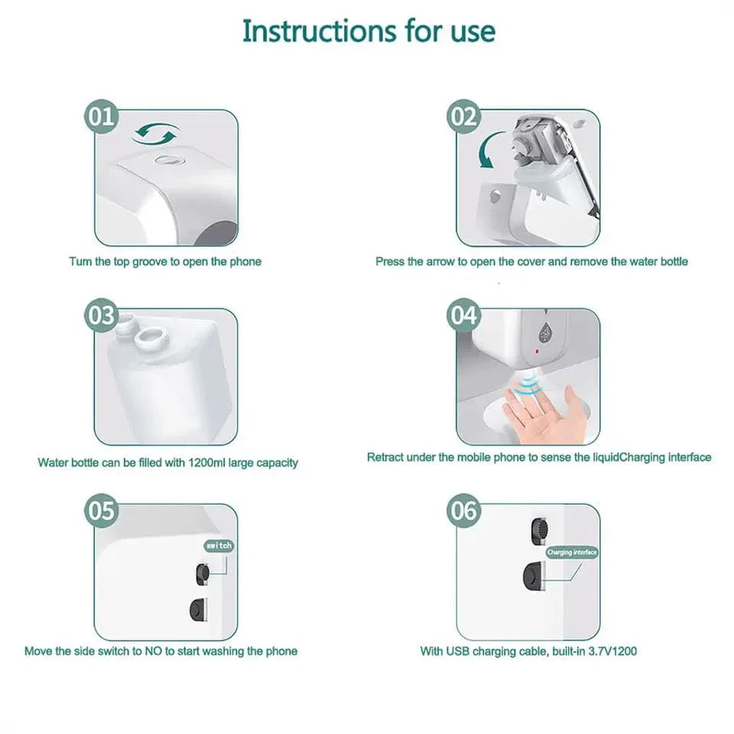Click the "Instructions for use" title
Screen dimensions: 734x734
tap(369, 31)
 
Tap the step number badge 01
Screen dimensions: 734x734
tap(101, 117)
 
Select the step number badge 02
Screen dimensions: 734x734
tap(463, 117)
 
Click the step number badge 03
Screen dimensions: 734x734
tap(101, 316)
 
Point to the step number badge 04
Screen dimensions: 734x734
tap(463, 316)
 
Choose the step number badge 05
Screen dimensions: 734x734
tap(101, 511)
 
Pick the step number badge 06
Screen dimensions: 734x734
tap(463, 511)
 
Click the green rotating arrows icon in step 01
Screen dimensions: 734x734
tap(156, 135)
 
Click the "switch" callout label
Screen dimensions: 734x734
tap(218, 546)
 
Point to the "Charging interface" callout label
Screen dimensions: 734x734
tap(571, 552)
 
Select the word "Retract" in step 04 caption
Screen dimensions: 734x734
tap(385, 457)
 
